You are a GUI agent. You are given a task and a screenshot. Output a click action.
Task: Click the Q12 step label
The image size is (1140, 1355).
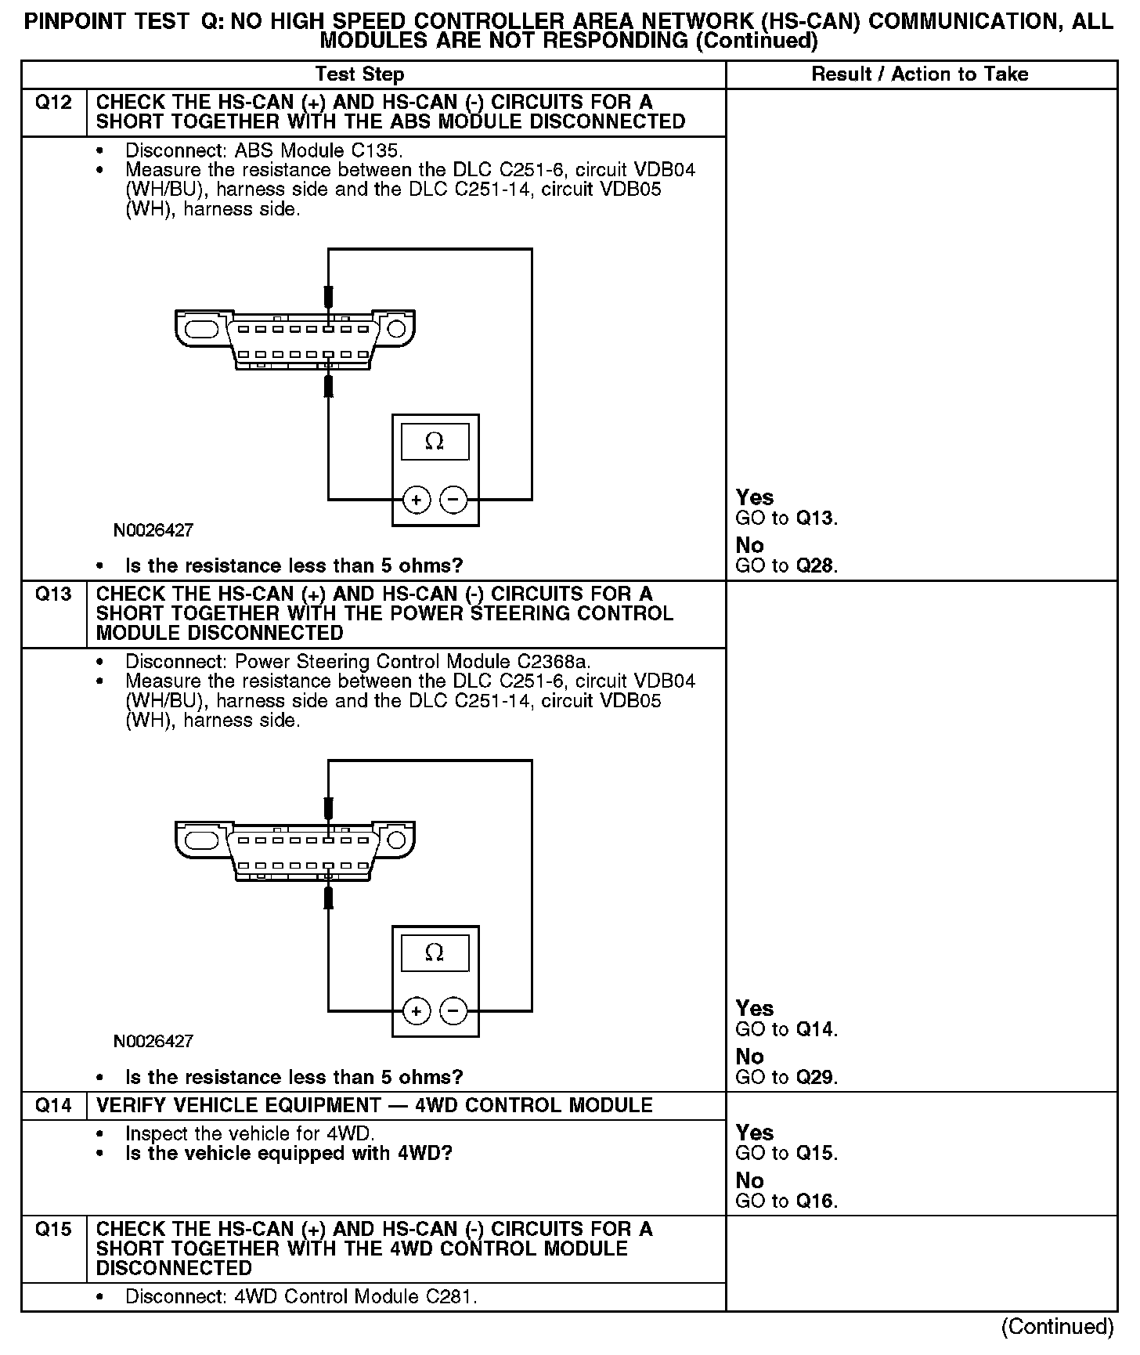(53, 103)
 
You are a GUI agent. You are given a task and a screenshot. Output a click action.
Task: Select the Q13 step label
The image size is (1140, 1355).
(53, 594)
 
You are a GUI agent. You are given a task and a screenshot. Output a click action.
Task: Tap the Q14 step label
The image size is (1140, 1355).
(53, 1105)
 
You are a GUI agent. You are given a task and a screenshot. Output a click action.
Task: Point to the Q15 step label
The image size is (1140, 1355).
(53, 1229)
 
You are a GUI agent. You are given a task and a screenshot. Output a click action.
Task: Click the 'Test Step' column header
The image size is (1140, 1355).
(359, 74)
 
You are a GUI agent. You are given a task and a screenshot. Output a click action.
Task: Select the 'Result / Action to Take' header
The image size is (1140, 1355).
(920, 74)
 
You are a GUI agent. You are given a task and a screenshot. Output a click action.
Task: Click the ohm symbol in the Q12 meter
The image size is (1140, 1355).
(435, 442)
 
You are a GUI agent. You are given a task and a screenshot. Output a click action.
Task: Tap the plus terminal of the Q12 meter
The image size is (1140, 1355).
(417, 500)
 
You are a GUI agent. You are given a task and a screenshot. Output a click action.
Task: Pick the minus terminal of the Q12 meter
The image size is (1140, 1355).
(453, 500)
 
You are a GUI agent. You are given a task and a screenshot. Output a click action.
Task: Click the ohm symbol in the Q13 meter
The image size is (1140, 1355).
(435, 952)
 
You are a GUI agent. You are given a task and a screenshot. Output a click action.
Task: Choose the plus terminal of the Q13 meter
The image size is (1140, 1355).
(417, 1011)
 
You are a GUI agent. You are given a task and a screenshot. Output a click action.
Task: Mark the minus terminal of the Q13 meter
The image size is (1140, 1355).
(453, 1011)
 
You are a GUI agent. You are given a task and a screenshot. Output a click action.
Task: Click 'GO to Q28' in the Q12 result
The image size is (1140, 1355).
(786, 565)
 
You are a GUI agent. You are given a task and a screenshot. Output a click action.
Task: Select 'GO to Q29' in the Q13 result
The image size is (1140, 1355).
(786, 1077)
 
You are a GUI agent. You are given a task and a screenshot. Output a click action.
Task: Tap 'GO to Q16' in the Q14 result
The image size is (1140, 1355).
(786, 1201)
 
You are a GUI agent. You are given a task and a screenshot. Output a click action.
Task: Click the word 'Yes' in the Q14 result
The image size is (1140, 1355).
(755, 1133)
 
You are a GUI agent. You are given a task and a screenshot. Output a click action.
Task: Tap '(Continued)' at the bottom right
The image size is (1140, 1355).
(1058, 1326)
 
